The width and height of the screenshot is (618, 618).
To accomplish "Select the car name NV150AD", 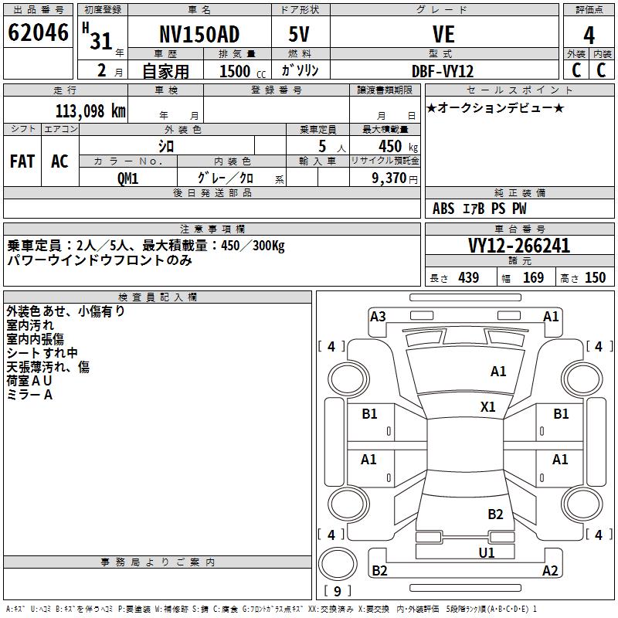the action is [199, 35].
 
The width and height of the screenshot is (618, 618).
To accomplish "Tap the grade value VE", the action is [443, 35].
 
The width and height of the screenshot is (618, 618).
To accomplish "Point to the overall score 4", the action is [589, 35].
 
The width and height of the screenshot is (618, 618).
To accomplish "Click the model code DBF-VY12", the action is [443, 70].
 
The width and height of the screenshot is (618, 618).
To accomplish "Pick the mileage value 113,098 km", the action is [90, 110].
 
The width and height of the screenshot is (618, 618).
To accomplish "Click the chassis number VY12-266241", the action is [519, 246].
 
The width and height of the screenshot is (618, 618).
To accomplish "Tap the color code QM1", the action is [127, 178].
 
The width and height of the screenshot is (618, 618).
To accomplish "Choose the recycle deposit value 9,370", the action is [395, 178].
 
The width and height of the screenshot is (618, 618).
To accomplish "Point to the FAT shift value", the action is [22, 161].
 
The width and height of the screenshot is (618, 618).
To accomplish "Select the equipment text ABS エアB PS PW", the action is [480, 209].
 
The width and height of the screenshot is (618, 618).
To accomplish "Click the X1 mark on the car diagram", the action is [488, 406].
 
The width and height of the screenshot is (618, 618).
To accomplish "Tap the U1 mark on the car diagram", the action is [486, 552].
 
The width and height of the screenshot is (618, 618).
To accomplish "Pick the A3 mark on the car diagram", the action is [378, 316].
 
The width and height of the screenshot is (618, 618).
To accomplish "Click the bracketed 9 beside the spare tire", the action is [338, 592].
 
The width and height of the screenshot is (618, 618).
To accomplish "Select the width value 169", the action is [533, 278].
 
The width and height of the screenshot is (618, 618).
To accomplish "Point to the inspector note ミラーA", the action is [30, 395].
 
